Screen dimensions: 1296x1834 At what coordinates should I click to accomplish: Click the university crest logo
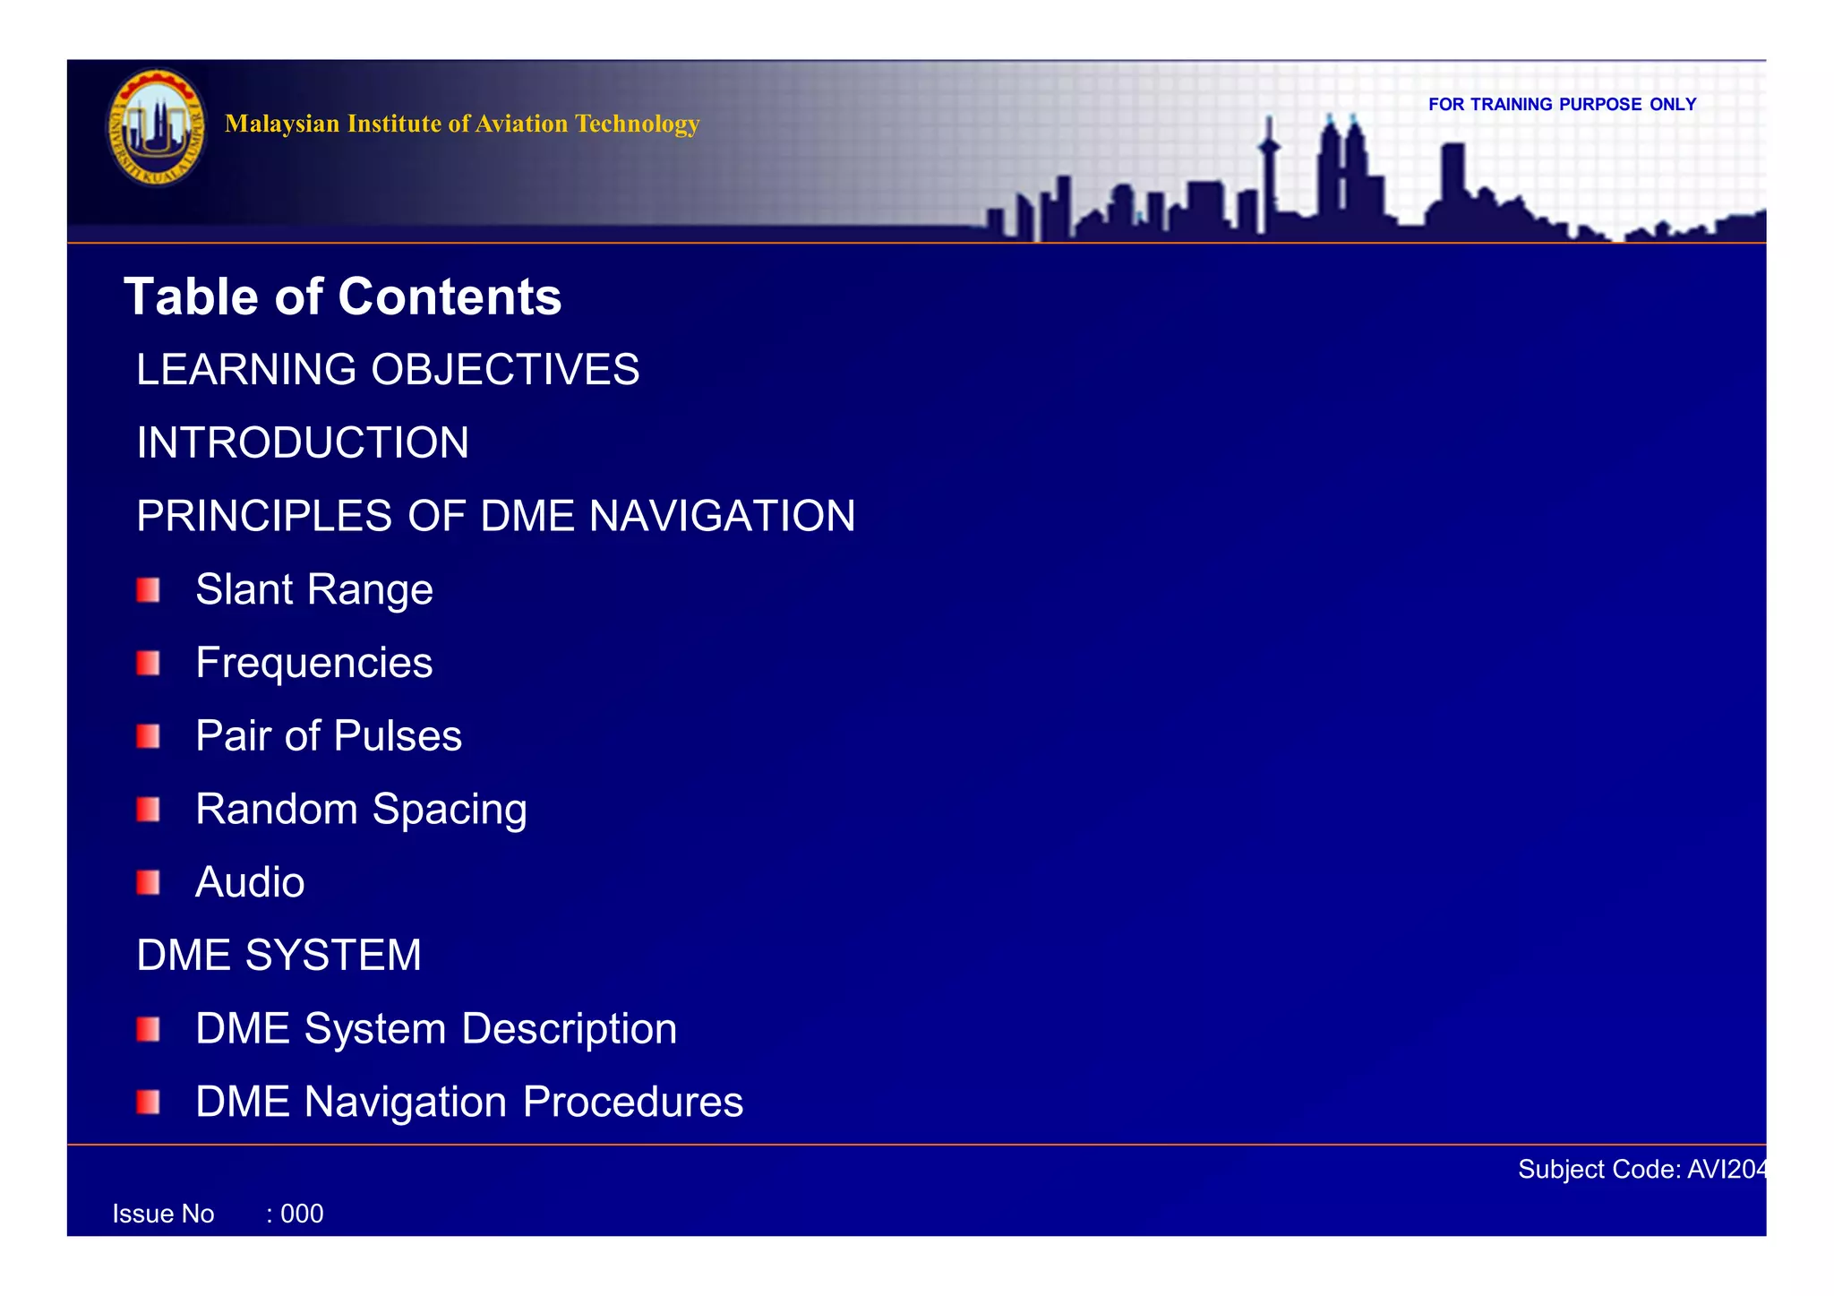click(156, 127)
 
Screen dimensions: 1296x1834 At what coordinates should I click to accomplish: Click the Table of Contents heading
click(342, 296)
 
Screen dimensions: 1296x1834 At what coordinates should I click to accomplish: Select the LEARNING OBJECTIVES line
click(388, 370)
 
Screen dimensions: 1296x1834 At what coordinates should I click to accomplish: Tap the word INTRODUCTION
click(303, 443)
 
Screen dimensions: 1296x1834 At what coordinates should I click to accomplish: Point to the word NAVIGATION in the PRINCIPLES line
click(722, 517)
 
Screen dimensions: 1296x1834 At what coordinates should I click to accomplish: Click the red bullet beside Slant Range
click(149, 590)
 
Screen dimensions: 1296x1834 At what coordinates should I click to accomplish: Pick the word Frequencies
click(314, 664)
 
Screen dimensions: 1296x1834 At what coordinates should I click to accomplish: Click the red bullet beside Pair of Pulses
click(149, 737)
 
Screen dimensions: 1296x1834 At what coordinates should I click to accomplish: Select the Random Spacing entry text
click(361, 810)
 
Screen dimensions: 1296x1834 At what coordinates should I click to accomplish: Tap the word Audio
click(250, 883)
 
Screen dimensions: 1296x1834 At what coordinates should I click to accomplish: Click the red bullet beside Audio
click(149, 883)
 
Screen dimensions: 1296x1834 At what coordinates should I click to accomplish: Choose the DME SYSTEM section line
click(279, 956)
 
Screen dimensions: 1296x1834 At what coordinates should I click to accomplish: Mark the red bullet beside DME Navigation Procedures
click(149, 1103)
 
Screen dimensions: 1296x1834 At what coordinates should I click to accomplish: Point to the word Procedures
click(632, 1103)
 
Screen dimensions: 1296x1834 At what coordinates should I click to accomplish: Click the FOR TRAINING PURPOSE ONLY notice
click(1562, 105)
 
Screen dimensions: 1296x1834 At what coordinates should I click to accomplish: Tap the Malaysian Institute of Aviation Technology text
click(462, 124)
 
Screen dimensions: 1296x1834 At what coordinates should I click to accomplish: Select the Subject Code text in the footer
click(1642, 1170)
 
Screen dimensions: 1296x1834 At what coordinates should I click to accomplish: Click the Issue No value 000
click(302, 1214)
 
